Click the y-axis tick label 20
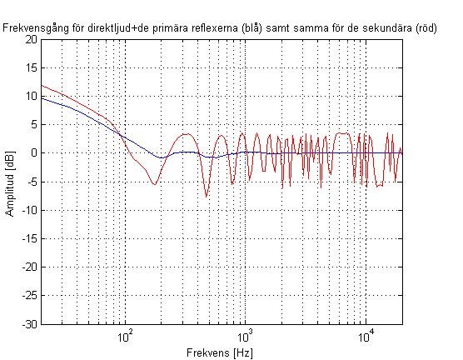[x=31, y=40]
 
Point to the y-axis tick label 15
[x=31, y=68]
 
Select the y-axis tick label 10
[x=31, y=97]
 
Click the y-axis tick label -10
[x=29, y=210]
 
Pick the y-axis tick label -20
[x=29, y=267]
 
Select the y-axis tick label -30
[x=29, y=324]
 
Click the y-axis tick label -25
[x=29, y=295]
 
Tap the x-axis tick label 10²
[x=125, y=336]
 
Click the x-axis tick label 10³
[x=246, y=336]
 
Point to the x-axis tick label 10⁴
[x=366, y=336]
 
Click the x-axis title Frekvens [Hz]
[x=220, y=352]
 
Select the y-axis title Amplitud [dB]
[x=10, y=184]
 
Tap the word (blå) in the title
[x=251, y=28]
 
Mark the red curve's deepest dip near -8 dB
[x=207, y=197]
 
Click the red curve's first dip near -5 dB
[x=154, y=184]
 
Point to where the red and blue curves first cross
[x=120, y=135]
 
